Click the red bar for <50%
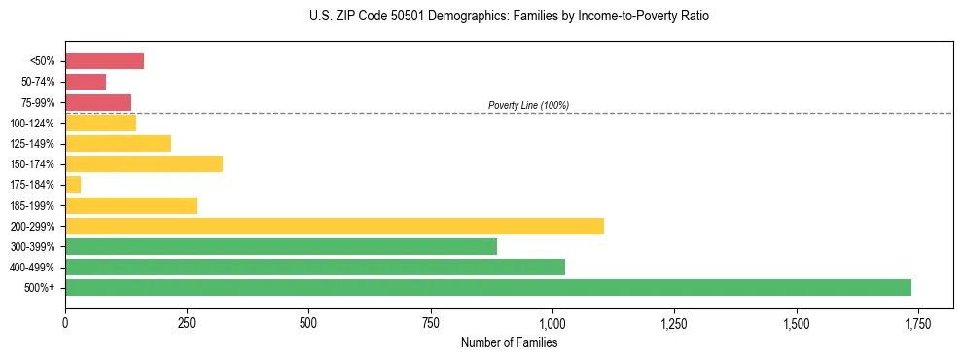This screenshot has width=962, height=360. coord(104,61)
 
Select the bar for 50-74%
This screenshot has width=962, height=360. coord(86,82)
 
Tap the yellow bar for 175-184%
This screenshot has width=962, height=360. coord(73,185)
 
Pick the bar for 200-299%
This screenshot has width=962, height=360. coord(334,226)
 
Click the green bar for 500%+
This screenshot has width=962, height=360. coord(487,288)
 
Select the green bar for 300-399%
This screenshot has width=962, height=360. coord(280,247)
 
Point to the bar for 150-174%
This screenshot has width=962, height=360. coord(144,164)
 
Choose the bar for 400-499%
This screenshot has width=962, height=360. coord(314,268)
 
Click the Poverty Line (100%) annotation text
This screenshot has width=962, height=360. coord(528,105)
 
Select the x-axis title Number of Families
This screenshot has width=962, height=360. coord(509,342)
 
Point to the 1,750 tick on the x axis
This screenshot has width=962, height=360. coord(917,323)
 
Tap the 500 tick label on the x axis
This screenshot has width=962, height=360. coord(308,323)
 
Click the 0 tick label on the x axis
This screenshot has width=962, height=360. coord(65,323)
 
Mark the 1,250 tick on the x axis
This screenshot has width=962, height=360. coord(674,323)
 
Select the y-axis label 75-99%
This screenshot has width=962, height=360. coord(38,103)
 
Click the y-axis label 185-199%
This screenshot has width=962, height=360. coord(34,206)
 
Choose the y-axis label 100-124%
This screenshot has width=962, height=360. coord(34,124)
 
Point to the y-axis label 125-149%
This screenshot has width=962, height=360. coord(34,144)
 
